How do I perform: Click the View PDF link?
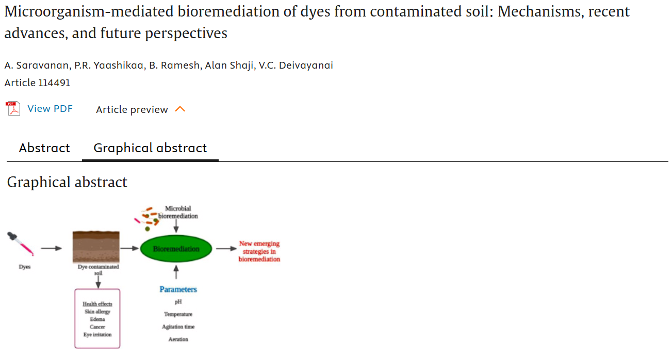click(50, 109)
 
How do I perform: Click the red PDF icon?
click(13, 109)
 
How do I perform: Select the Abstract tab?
click(44, 148)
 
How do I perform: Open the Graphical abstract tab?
click(150, 148)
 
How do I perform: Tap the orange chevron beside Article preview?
click(180, 109)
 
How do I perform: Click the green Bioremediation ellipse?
click(176, 249)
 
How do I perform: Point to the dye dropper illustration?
click(21, 244)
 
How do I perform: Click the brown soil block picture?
click(96, 247)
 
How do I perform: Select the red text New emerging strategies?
click(259, 251)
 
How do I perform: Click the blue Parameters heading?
click(178, 289)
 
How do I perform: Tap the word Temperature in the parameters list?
click(178, 314)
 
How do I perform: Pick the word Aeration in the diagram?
click(178, 339)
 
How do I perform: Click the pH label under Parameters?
click(178, 302)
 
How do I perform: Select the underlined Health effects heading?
click(97, 304)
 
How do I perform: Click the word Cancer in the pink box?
click(97, 327)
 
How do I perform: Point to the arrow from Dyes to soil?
click(51, 249)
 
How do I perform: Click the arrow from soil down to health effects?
click(98, 282)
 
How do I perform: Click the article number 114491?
click(54, 83)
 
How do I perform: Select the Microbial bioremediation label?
click(178, 212)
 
